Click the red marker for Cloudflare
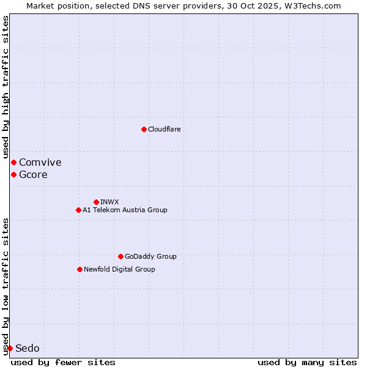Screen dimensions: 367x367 click(x=144, y=129)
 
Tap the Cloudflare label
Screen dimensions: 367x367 click(x=165, y=129)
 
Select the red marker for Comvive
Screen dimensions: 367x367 click(x=13, y=162)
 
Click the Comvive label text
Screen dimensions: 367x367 click(x=40, y=162)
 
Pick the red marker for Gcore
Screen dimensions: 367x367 click(x=13, y=174)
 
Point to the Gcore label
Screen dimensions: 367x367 click(x=33, y=174)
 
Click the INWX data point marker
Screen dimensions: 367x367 click(x=96, y=202)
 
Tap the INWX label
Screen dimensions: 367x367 click(x=109, y=202)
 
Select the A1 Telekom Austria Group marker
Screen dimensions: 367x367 click(x=78, y=210)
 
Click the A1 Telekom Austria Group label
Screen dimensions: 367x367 click(x=125, y=210)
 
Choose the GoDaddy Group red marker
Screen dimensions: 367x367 click(x=120, y=256)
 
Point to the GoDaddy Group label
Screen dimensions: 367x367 click(x=150, y=256)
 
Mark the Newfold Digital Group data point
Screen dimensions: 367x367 click(x=80, y=269)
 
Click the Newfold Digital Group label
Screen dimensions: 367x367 click(x=119, y=269)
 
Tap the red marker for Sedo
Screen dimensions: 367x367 click(x=10, y=348)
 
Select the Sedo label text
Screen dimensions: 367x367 click(x=28, y=348)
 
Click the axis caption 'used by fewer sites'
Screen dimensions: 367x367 click(x=63, y=362)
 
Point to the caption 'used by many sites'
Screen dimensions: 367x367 click(x=307, y=362)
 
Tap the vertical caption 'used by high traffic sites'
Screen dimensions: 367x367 click(x=6, y=87)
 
